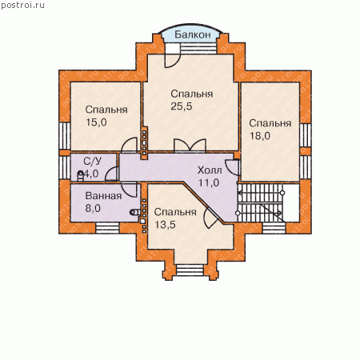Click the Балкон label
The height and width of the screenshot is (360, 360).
pos(193,34)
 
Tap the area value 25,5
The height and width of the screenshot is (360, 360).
pos(182,106)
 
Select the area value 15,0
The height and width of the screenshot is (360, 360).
pos(96,122)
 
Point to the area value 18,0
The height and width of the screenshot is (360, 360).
pos(260,136)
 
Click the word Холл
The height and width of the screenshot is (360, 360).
pos(210,170)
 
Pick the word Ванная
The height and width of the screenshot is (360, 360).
pos(103,196)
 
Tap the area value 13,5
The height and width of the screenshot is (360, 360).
pos(166,225)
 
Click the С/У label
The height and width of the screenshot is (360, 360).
pos(92,161)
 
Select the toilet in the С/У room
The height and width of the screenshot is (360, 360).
pos(80,176)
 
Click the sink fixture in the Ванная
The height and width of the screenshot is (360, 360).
pos(135,212)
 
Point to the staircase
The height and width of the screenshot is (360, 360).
pos(260,202)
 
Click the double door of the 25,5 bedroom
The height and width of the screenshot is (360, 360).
pos(190,146)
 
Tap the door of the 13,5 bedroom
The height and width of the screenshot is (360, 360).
pos(211,218)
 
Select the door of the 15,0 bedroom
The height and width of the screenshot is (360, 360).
pos(130,146)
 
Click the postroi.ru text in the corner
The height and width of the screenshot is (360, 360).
pos(22,6)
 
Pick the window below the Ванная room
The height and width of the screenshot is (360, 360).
pos(107,228)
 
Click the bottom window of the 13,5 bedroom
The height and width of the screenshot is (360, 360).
pos(190,270)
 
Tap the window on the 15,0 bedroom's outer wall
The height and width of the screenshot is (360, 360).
pos(64,136)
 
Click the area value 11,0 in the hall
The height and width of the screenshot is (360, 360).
pos(209,182)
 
